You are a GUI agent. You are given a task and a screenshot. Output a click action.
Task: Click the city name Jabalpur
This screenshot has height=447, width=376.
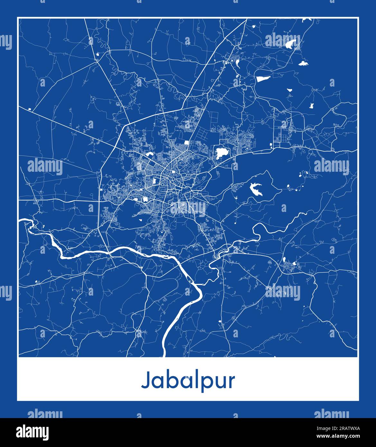pos(188,381)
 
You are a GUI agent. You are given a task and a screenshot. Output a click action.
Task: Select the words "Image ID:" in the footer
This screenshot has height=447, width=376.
pos(325,428)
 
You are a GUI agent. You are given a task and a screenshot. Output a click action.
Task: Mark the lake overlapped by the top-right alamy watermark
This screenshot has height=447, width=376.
pos(291,43)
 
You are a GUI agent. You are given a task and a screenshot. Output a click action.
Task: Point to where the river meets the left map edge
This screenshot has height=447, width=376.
pos(20,221)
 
